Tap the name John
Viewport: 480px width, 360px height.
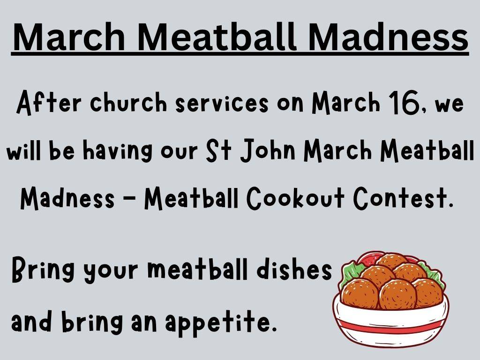pos(268,150)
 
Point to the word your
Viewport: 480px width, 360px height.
pos(111,272)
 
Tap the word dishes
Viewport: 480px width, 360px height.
pos(294,269)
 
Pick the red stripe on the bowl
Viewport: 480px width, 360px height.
pos(391,327)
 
